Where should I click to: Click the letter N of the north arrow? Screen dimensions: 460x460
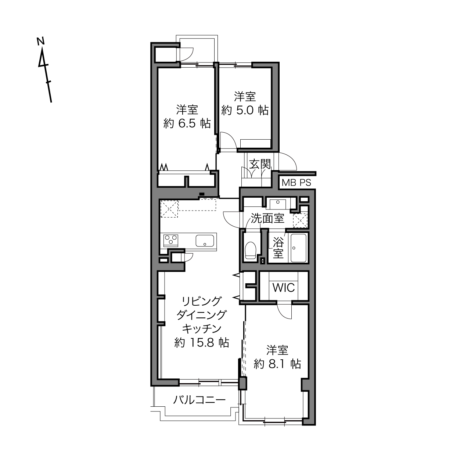40,41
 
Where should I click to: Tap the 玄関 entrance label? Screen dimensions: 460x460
260,164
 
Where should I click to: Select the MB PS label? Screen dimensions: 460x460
297,183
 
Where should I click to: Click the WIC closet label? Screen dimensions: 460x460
284,288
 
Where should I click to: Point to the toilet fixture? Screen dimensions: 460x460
251,250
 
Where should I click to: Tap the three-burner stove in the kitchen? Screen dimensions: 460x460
171,240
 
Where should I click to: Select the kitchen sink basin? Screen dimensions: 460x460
205,241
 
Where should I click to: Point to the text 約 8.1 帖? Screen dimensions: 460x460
277,364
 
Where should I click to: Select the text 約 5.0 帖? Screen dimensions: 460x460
245,110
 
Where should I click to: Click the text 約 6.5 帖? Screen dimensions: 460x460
187,124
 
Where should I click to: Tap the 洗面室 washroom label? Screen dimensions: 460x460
267,218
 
